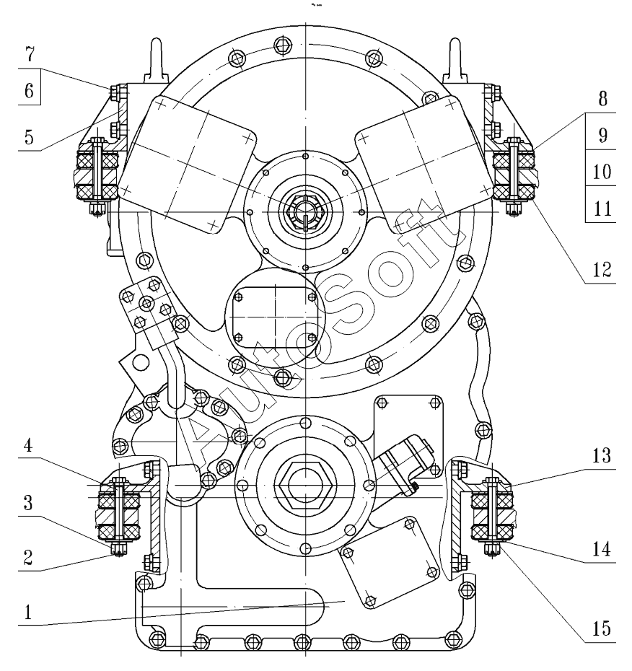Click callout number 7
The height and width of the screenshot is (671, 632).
(30, 55)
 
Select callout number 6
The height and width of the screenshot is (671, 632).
(29, 91)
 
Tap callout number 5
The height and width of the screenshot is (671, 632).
(29, 137)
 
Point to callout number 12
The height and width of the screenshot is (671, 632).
(602, 270)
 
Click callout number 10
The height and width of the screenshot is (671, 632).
(602, 172)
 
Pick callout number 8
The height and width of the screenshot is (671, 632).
(602, 98)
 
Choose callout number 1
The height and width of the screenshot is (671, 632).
(28, 612)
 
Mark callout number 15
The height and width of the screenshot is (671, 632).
(602, 628)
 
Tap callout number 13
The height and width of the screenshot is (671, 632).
(602, 455)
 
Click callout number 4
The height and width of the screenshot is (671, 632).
(28, 445)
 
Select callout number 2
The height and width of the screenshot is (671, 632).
(28, 558)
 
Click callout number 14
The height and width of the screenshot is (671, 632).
(602, 549)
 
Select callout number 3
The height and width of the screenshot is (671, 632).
(28, 502)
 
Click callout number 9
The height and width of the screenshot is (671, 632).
(602, 135)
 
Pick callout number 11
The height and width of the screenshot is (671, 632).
(602, 209)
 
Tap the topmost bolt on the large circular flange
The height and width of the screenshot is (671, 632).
(281, 43)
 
